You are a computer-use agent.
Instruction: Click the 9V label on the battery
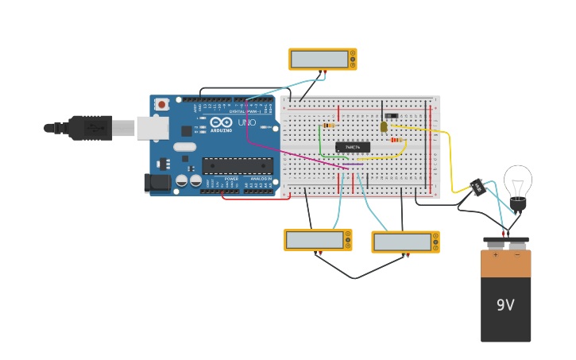(505, 305)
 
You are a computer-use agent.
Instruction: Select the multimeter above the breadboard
(323, 59)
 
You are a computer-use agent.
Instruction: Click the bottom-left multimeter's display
(314, 239)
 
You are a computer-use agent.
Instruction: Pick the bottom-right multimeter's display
(401, 242)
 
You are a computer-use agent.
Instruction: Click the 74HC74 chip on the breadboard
(352, 147)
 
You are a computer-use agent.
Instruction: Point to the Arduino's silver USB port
(152, 127)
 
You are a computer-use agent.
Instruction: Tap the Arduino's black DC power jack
(157, 183)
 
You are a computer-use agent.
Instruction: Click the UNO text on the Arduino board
(247, 122)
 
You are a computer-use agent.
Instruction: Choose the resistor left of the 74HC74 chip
(329, 125)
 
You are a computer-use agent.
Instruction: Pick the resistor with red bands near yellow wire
(396, 140)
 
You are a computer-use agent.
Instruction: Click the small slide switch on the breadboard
(391, 116)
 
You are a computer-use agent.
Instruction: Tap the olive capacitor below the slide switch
(384, 126)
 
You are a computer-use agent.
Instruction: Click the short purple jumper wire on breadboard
(352, 165)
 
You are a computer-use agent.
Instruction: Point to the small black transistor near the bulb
(477, 187)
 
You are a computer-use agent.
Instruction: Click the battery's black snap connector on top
(505, 239)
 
